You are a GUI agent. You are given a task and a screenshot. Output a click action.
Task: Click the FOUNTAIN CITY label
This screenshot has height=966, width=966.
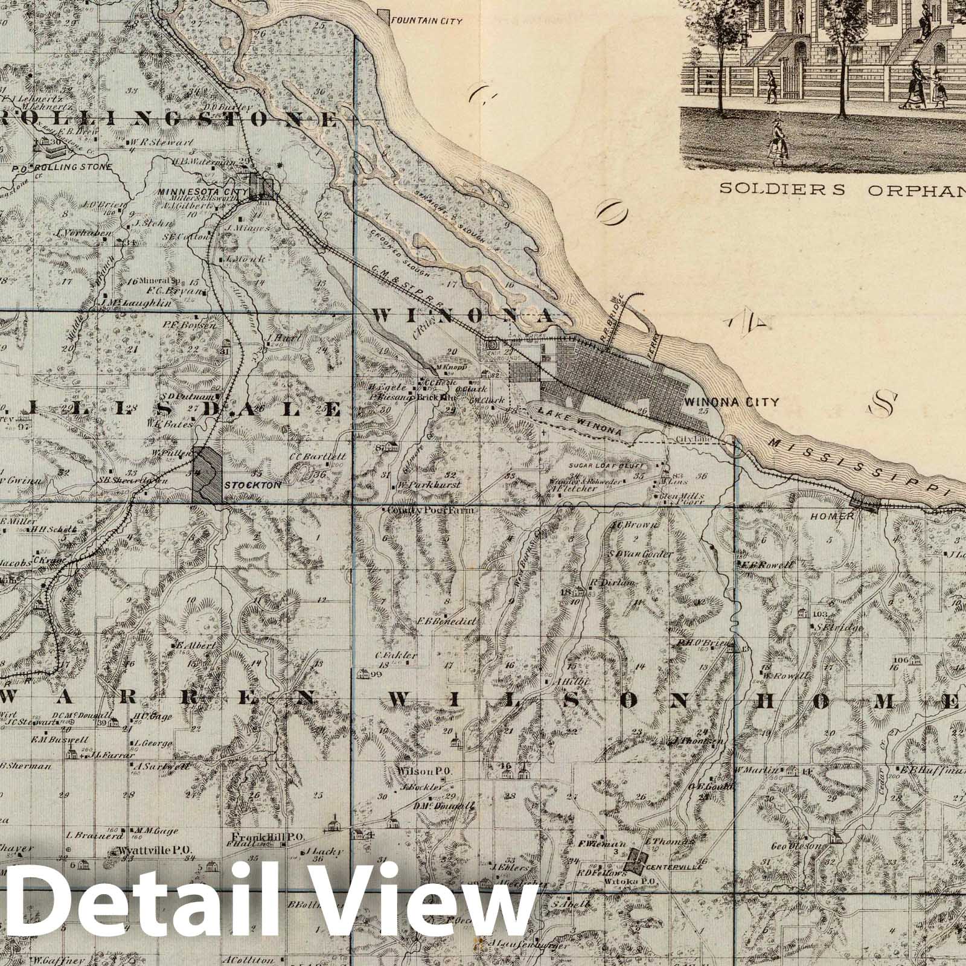coord(427,21)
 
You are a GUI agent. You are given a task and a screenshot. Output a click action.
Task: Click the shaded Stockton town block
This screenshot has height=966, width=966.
coord(206,474)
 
